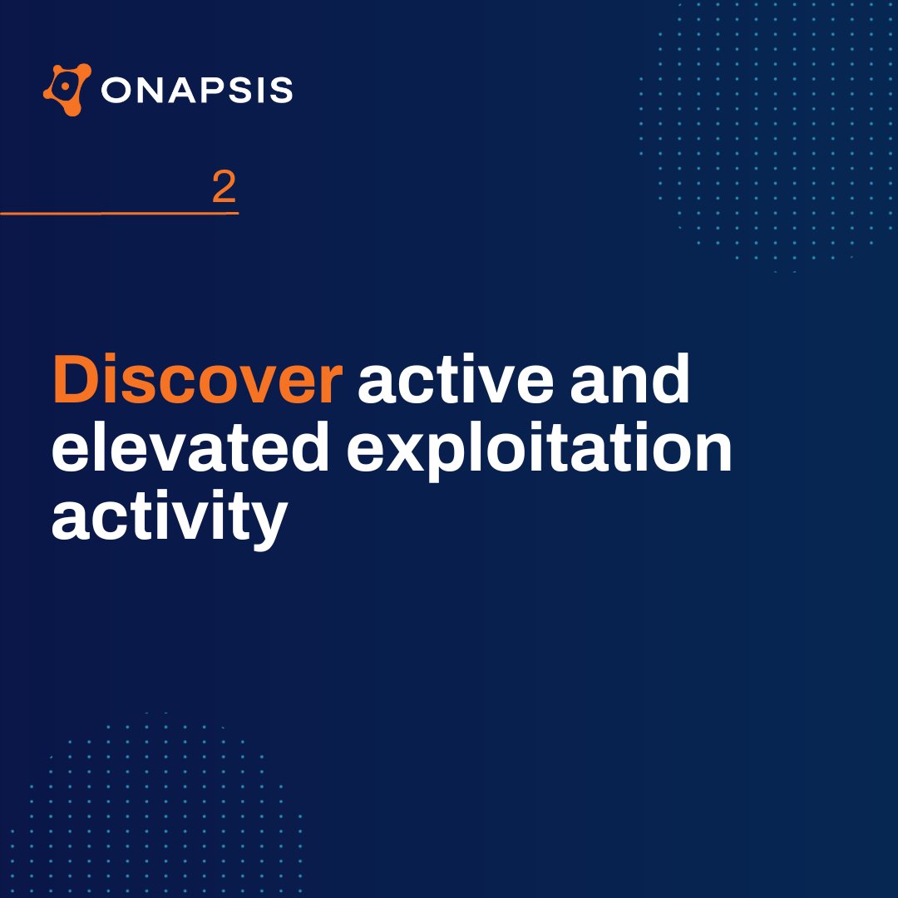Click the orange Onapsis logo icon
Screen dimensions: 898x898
coord(67,90)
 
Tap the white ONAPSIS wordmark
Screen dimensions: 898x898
coord(197,90)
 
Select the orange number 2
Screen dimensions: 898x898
coord(224,189)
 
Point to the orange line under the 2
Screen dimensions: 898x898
coord(119,214)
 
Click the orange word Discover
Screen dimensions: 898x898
coord(197,381)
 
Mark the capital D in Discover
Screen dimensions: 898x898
coord(75,381)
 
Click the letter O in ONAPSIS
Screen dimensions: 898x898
coord(115,90)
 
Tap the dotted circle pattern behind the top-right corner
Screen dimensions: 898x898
coord(773,133)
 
